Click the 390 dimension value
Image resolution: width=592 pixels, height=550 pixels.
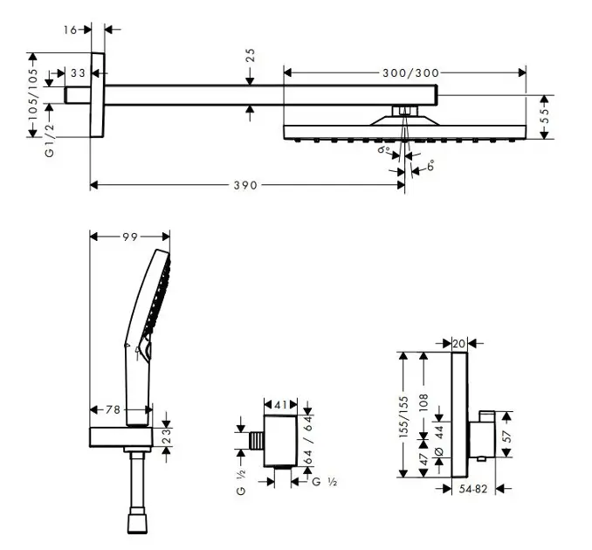[245, 185]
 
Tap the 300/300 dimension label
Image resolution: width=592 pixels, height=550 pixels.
[410, 72]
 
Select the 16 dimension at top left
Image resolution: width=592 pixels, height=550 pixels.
[70, 30]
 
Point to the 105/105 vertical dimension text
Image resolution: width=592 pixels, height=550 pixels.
[33, 94]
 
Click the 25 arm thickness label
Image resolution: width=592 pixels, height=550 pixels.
[250, 55]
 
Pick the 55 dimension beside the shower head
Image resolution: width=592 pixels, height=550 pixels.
[545, 116]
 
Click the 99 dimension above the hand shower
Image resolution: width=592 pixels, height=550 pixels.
[130, 237]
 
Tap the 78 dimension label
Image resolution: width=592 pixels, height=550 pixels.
[113, 409]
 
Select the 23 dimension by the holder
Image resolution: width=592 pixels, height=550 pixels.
[167, 437]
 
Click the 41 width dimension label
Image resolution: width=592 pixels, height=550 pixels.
[281, 405]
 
